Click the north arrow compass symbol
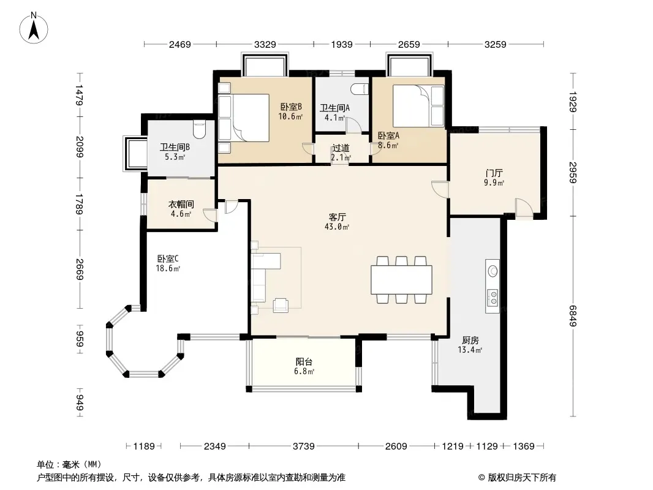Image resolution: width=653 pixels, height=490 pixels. [34, 28]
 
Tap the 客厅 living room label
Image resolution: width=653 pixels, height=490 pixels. [337, 217]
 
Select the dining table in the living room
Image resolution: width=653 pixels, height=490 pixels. [401, 280]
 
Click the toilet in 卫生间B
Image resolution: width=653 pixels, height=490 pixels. [200, 129]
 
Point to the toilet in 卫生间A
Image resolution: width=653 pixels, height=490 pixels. [360, 89]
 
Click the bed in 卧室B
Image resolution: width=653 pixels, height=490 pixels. [244, 118]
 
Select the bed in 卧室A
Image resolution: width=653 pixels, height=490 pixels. [418, 106]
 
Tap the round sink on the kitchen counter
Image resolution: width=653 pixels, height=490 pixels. [493, 271]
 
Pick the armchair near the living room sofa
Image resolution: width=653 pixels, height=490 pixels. [281, 306]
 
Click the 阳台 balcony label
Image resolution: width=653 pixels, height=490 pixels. [304, 362]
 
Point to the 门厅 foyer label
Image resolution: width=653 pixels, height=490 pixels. [494, 173]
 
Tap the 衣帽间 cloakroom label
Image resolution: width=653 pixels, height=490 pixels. [181, 205]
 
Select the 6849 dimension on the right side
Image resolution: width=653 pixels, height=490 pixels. [573, 316]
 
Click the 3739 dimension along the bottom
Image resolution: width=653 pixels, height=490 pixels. [304, 447]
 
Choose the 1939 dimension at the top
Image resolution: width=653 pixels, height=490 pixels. [342, 44]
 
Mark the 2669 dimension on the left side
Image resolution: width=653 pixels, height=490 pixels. [80, 269]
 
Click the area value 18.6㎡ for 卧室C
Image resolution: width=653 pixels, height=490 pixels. [168, 268]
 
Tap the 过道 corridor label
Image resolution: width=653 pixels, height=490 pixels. [341, 148]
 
